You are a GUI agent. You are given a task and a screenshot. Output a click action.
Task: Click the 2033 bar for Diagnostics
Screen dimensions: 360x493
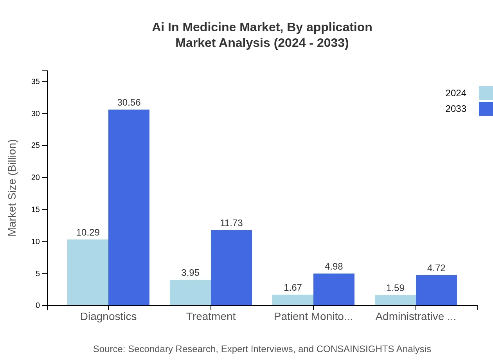tap(129, 207)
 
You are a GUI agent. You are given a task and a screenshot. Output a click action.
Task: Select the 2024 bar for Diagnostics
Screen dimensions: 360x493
tap(88, 272)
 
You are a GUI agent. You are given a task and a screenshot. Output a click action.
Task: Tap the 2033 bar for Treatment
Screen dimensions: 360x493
tap(231, 268)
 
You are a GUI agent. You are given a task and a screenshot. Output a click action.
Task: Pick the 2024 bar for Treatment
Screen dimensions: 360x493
tap(190, 292)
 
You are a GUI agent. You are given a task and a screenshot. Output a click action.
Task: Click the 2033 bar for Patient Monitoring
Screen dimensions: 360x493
tap(334, 289)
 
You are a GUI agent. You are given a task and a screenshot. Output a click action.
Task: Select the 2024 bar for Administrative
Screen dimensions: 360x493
tap(395, 300)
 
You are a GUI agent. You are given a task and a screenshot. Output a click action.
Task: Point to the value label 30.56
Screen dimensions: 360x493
tap(129, 103)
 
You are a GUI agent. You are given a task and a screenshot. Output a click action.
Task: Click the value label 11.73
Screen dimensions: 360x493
tap(231, 223)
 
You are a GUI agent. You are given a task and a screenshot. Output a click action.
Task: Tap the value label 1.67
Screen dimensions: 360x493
tap(293, 288)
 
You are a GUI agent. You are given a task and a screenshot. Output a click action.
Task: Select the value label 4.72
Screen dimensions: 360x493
tap(436, 268)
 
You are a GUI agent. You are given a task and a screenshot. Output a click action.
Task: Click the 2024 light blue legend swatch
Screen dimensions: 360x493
tap(486, 93)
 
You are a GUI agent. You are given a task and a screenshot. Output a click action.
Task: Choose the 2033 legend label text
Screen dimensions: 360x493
tap(456, 109)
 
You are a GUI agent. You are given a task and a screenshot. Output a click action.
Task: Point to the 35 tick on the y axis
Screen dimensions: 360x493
tap(36, 81)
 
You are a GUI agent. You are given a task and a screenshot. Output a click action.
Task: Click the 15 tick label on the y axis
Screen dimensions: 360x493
tap(36, 210)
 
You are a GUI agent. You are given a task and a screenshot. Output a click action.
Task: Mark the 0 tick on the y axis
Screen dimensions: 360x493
tap(38, 306)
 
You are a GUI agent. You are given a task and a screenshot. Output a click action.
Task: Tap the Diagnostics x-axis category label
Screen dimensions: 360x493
tap(108, 317)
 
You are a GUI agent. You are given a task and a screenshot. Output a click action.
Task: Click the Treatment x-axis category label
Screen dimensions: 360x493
tap(211, 317)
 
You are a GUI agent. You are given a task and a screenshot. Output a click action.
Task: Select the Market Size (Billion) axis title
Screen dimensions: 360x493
tap(13, 188)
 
